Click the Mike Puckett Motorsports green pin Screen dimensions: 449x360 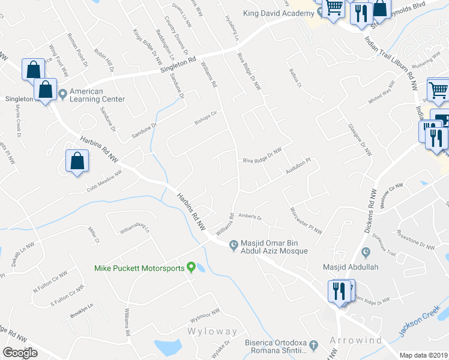191,267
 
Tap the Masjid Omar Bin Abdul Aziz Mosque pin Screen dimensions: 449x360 235,244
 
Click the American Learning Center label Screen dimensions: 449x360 97,95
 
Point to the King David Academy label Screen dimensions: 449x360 279,14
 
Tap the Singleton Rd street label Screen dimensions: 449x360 178,65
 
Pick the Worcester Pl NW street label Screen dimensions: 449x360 306,220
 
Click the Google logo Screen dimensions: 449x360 20,353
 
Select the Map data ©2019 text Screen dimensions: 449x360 423,355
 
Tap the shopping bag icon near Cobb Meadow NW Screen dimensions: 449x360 77,161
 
